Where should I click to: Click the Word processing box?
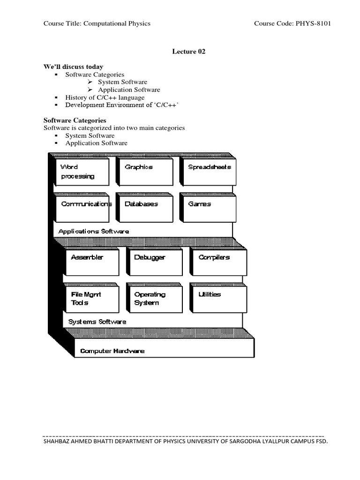[x=82, y=172]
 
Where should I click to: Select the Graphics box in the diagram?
[x=144, y=172]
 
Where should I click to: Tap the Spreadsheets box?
[x=208, y=172]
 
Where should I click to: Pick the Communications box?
[x=82, y=208]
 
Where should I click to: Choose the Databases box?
[x=144, y=208]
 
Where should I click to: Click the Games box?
[x=208, y=208]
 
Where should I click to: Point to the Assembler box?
[x=92, y=262]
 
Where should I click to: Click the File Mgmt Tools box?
[x=92, y=299]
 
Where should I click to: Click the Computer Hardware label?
[x=112, y=351]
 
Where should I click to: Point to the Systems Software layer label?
[x=97, y=322]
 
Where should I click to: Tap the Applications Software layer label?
[x=94, y=231]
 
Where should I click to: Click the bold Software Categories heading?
[x=75, y=120]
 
